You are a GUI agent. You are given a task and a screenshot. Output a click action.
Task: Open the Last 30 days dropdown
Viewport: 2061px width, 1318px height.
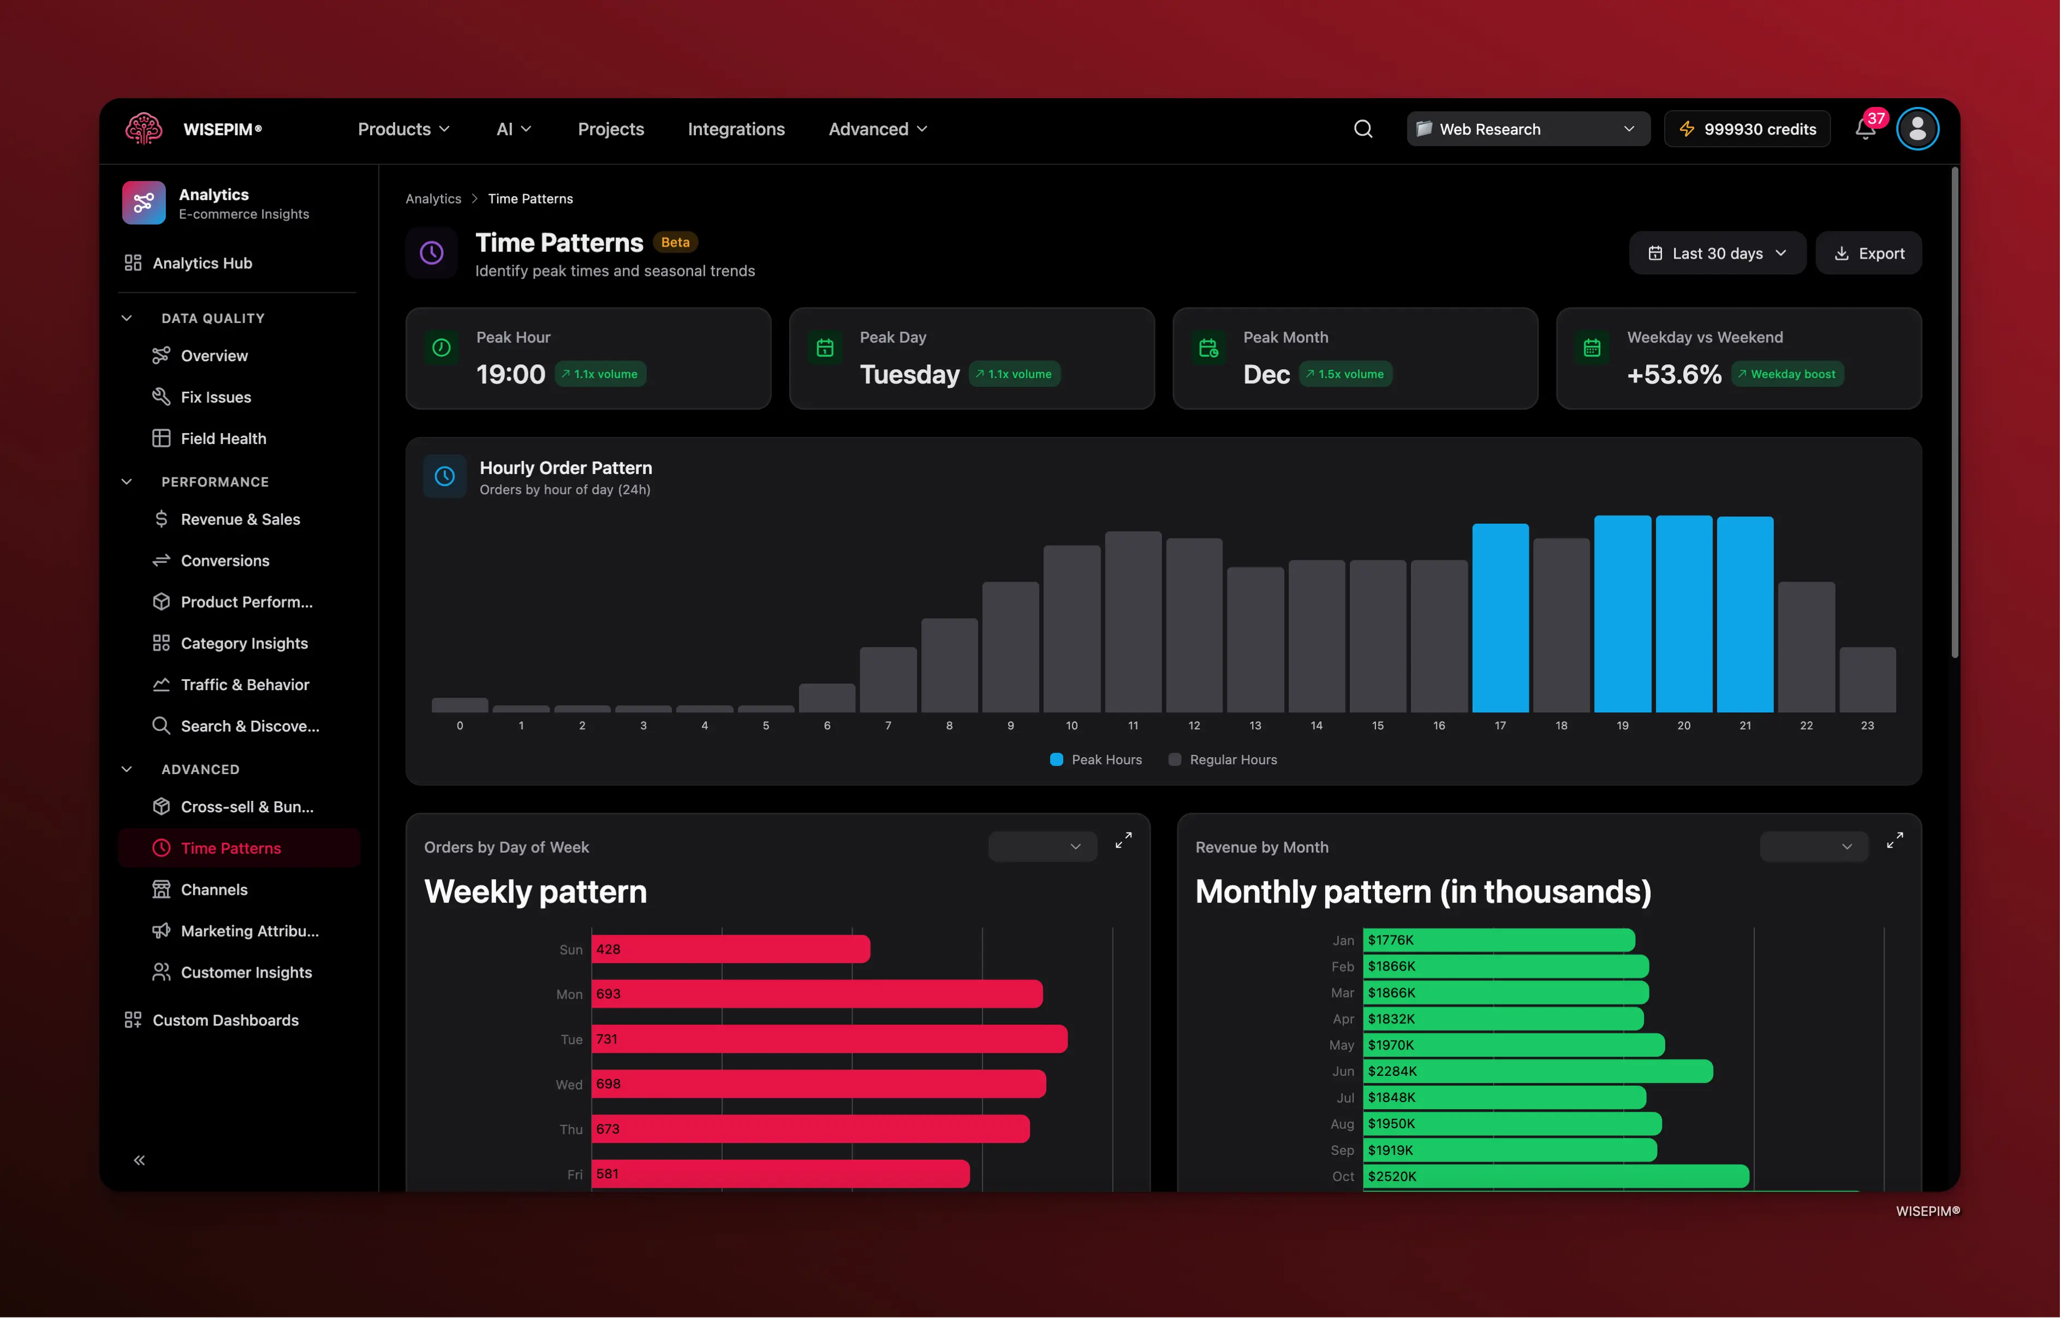tap(1717, 253)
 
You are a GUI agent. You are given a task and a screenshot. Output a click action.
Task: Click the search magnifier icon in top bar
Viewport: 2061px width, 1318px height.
tap(1363, 129)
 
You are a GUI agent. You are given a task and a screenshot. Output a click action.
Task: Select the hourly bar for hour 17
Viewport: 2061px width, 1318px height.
tap(1500, 618)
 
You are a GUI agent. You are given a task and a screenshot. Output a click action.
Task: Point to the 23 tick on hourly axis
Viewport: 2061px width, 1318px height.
tap(1867, 726)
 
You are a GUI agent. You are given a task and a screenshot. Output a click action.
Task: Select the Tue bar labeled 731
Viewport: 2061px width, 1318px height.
tap(829, 1039)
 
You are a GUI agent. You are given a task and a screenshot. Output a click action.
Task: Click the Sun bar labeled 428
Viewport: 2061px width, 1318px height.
tap(730, 949)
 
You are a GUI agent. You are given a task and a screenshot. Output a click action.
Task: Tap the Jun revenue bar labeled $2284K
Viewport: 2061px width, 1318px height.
tap(1538, 1071)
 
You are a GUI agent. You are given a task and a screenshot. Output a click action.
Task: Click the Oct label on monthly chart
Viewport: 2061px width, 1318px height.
tap(1343, 1177)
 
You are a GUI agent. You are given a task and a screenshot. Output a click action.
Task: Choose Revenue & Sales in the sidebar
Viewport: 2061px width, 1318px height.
tap(240, 519)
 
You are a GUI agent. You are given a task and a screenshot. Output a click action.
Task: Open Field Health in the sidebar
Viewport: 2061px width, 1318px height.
tap(223, 438)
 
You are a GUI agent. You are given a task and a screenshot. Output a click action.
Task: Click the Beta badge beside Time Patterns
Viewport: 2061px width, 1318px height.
tap(675, 242)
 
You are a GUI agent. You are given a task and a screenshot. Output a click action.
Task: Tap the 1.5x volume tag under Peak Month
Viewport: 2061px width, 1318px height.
tap(1345, 374)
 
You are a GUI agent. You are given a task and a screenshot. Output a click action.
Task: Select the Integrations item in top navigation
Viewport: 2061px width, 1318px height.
tap(736, 129)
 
